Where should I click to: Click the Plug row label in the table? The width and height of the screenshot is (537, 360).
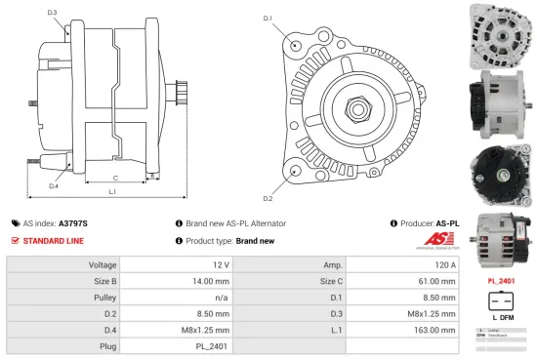tap(107, 346)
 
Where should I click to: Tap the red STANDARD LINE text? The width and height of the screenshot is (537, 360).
tap(53, 240)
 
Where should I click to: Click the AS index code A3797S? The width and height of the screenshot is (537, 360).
tap(73, 222)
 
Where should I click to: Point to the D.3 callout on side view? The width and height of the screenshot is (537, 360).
tap(52, 13)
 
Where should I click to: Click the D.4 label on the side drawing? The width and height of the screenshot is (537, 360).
tap(53, 185)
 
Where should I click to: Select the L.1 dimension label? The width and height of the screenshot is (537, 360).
tap(112, 192)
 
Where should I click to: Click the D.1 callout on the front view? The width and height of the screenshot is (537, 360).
tap(267, 18)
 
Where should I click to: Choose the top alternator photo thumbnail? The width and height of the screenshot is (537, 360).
tap(500, 33)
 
